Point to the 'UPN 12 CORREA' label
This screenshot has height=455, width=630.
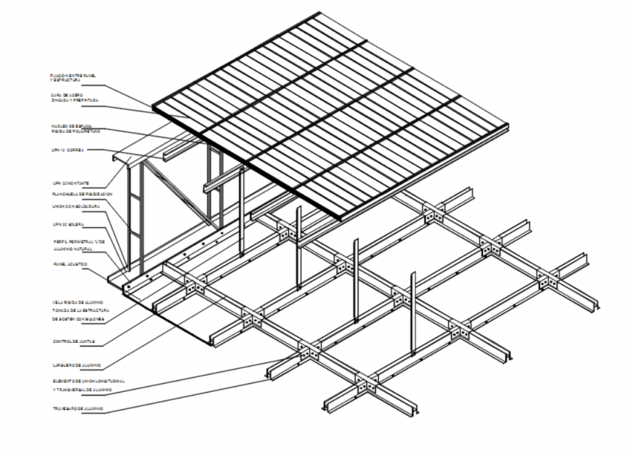point(67,150)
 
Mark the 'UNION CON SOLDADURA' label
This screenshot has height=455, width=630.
point(75,205)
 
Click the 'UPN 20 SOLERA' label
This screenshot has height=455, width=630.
point(67,224)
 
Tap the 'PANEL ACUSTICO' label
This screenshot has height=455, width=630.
point(70,265)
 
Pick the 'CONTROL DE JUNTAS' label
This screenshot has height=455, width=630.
point(73,341)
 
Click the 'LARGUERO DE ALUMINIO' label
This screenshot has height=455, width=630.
point(76,365)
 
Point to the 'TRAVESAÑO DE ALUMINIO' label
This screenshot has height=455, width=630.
point(77,409)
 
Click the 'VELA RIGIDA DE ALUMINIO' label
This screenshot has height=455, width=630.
point(77,300)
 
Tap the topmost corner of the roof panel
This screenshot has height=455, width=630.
point(319,12)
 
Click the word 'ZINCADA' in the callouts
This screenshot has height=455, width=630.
point(62,100)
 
